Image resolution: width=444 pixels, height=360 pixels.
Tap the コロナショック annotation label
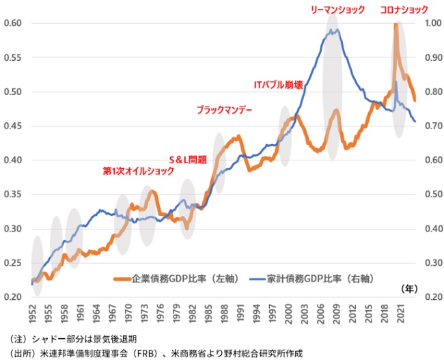coord(405,10)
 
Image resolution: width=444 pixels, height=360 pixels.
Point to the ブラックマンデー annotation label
coord(224,109)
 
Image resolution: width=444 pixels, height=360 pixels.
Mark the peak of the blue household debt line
coord(333,29)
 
